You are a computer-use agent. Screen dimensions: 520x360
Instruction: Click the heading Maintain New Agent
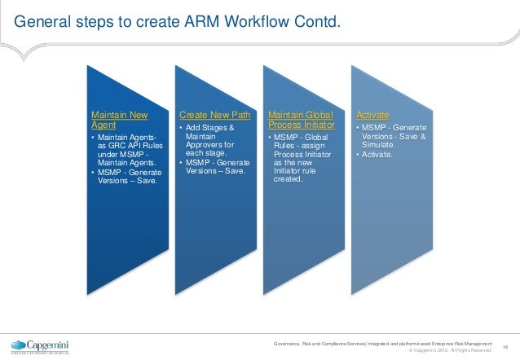tap(113, 121)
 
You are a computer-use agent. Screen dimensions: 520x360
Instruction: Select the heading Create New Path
tap(214, 116)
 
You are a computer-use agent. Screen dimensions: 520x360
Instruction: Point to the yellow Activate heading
tap(372, 116)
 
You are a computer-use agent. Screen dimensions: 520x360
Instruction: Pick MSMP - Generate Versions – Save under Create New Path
tap(215, 166)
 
